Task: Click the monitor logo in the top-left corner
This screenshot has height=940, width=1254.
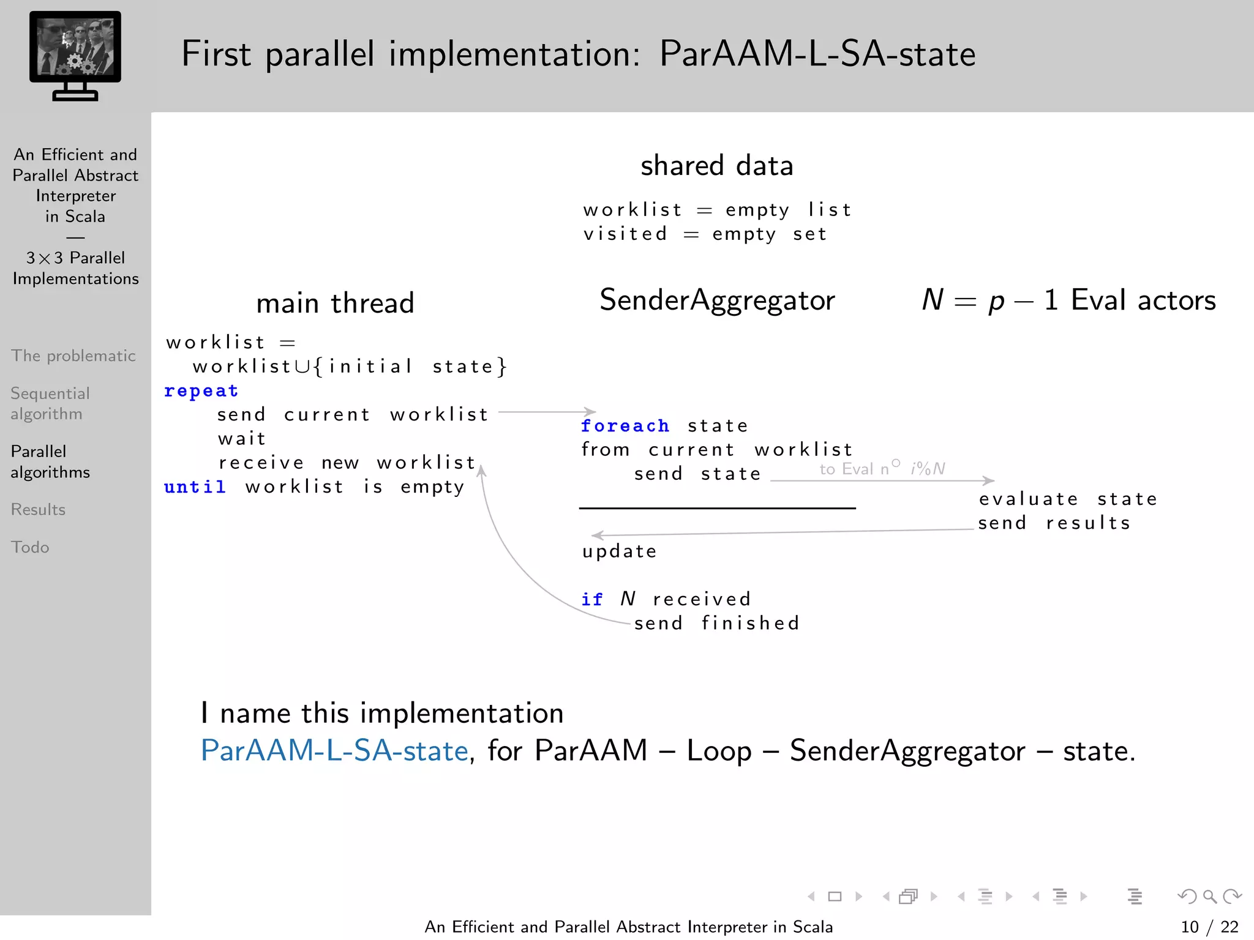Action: pos(75,55)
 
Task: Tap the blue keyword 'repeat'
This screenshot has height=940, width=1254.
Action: pos(201,391)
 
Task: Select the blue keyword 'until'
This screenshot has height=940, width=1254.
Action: pos(195,487)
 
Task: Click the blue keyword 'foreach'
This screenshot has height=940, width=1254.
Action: pos(625,426)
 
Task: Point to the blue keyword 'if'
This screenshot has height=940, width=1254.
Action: pos(592,599)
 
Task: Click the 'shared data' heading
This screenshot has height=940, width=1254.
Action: pos(717,166)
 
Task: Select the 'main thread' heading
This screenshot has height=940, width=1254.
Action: pos(335,303)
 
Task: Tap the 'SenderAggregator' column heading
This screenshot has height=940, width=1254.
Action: pos(717,300)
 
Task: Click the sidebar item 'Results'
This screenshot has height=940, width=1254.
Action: pos(38,510)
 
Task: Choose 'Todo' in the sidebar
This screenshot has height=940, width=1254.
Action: pos(30,547)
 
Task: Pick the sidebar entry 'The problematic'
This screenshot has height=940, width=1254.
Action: pos(73,356)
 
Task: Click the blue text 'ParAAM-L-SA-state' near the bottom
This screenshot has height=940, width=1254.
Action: pos(334,751)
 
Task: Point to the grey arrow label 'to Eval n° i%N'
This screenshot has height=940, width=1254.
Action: pos(882,469)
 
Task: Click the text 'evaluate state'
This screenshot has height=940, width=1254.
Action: pos(1068,499)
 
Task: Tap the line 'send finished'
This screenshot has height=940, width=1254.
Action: pos(717,624)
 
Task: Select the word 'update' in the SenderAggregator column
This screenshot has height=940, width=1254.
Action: pos(620,551)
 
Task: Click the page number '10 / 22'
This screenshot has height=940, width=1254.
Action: pos(1209,927)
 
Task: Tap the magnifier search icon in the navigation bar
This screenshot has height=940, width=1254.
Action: pos(1209,897)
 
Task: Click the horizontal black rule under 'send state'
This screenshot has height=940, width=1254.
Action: pos(717,508)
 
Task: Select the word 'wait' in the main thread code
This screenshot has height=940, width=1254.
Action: pos(242,439)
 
